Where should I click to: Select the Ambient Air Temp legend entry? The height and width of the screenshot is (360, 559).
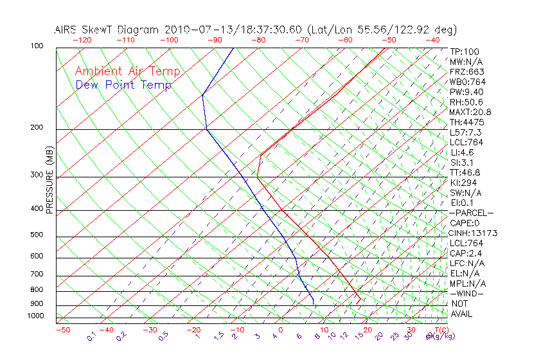tap(127, 71)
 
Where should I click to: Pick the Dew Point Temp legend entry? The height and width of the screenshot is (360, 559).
tap(123, 85)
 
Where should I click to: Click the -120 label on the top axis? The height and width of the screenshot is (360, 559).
tap(82, 40)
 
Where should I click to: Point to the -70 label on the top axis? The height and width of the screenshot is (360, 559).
tap(301, 40)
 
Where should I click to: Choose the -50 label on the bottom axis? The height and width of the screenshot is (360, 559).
tap(62, 330)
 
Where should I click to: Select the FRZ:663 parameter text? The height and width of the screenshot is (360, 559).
tap(467, 72)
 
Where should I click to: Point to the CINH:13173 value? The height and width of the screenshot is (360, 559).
tap(474, 233)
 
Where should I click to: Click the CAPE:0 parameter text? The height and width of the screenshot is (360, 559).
tap(465, 223)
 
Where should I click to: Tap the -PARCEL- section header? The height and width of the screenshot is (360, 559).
tap(472, 213)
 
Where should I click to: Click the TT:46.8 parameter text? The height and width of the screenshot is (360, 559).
tap(465, 172)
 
